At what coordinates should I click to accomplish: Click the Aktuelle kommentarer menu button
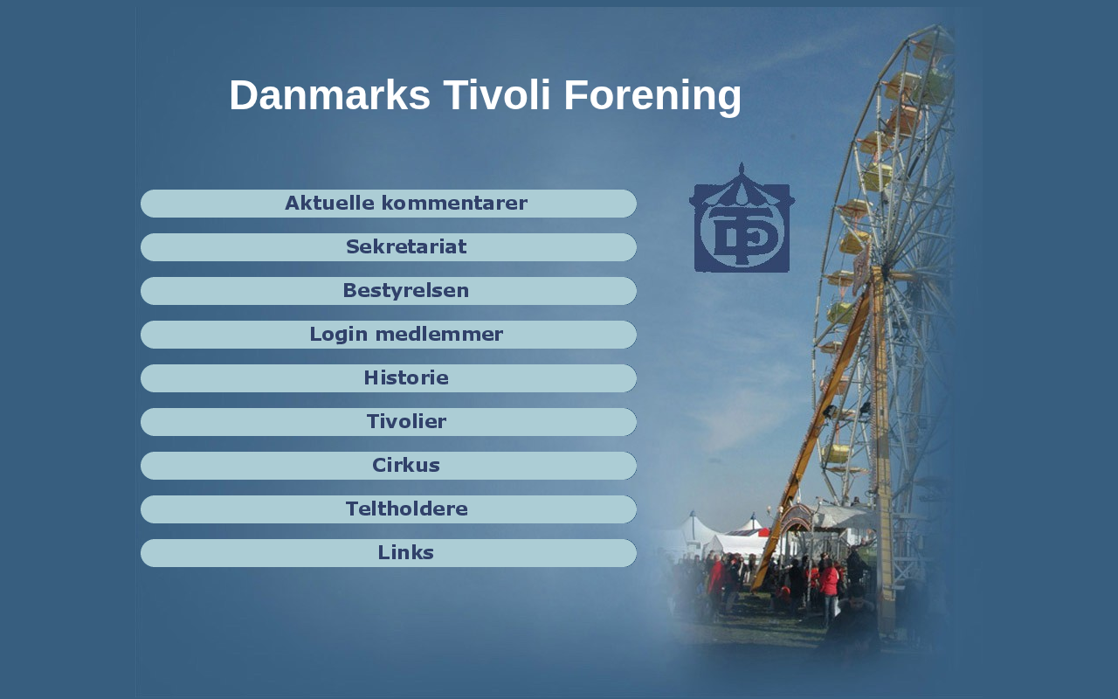[x=389, y=204]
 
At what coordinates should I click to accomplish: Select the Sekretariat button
[x=389, y=247]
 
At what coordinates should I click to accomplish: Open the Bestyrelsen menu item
[x=389, y=291]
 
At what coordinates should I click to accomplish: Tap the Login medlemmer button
[x=389, y=335]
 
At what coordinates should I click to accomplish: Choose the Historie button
[x=389, y=378]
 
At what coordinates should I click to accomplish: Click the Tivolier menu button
[x=389, y=422]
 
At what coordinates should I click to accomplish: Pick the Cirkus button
[x=389, y=466]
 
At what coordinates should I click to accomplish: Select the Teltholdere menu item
[x=389, y=509]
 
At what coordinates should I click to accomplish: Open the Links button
[x=389, y=553]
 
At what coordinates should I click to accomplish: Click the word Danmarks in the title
[x=329, y=95]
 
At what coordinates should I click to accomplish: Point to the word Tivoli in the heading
[x=497, y=94]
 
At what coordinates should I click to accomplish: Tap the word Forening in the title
[x=652, y=97]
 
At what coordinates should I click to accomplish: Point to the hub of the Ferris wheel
[x=885, y=271]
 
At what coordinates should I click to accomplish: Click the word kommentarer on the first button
[x=454, y=204]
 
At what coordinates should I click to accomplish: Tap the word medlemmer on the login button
[x=439, y=335]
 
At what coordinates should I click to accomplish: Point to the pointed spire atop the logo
[x=742, y=168]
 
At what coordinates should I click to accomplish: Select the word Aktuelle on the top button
[x=329, y=204]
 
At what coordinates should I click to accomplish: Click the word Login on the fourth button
[x=338, y=335]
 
